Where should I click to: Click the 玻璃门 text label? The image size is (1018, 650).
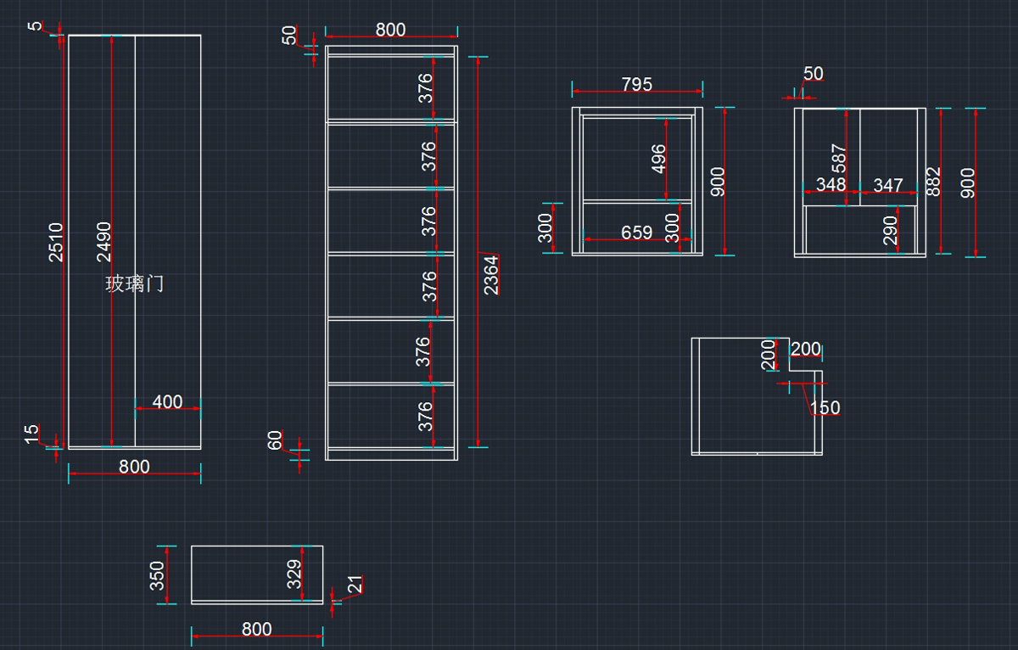coord(134,284)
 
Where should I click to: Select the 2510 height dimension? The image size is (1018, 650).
coord(56,242)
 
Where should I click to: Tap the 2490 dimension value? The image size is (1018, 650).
coord(103,242)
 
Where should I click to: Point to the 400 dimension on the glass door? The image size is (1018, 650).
coord(167,401)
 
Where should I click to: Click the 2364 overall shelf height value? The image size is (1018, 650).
coord(491,274)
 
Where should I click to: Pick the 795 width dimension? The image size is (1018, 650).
coord(637,84)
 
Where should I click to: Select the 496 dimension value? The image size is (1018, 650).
coord(658,159)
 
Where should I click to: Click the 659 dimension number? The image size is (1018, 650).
coord(636,233)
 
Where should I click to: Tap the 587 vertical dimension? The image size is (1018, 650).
coord(838,160)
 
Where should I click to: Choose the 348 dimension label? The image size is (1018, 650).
coord(831,184)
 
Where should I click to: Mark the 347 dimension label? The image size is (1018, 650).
coord(888,184)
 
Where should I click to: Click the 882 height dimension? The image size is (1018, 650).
coord(933,182)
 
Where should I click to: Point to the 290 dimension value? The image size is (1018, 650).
coord(890,230)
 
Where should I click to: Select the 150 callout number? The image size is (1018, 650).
coord(825,408)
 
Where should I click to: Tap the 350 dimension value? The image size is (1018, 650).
coord(158,574)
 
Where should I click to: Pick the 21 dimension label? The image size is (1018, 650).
coord(355,585)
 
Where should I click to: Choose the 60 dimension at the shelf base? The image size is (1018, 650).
coord(275,441)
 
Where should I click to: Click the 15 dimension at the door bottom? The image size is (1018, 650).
coord(31,434)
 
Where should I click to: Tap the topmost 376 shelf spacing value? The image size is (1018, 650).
coord(426,87)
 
